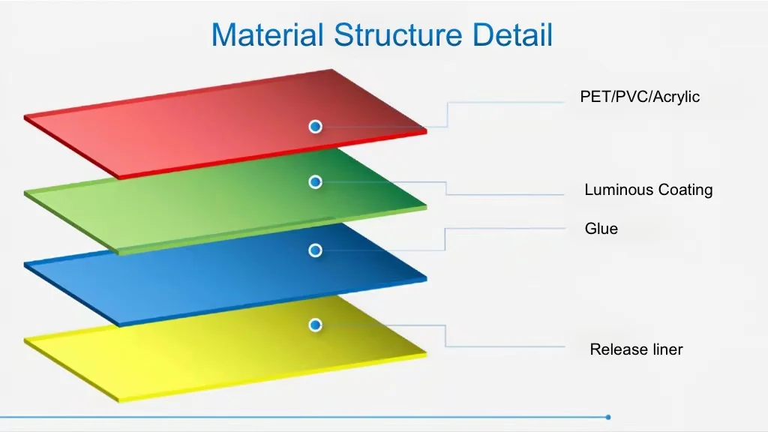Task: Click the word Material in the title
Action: click(x=268, y=35)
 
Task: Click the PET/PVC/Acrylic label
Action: click(x=640, y=97)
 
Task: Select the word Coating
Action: click(x=685, y=190)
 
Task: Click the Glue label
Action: click(x=601, y=229)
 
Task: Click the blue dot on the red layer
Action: click(x=316, y=127)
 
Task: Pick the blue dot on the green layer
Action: click(x=316, y=181)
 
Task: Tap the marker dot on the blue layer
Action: click(x=316, y=250)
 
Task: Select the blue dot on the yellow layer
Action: click(x=316, y=325)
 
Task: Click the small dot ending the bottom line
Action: click(x=608, y=417)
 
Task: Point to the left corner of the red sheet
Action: click(x=25, y=118)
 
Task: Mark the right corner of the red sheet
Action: click(x=425, y=130)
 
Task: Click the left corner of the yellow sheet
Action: click(x=25, y=340)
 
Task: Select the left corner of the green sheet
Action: click(x=25, y=193)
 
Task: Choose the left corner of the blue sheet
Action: click(x=25, y=265)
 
